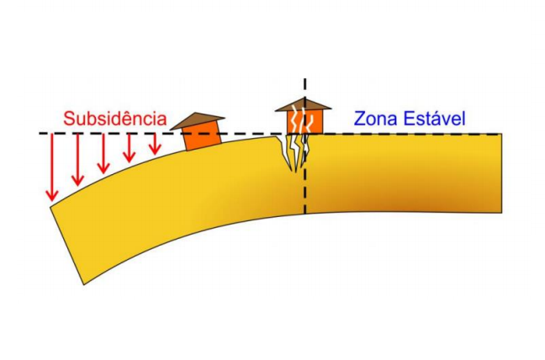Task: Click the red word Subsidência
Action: click(115, 119)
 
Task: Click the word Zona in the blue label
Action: click(376, 119)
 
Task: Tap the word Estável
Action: click(434, 119)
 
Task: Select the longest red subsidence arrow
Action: click(52, 167)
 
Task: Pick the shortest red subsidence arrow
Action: click(155, 144)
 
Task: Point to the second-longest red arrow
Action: click(77, 160)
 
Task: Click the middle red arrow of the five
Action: click(103, 154)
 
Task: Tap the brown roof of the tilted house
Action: click(197, 120)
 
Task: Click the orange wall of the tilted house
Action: click(203, 136)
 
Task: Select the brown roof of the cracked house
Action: click(303, 104)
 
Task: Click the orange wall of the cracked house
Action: click(304, 121)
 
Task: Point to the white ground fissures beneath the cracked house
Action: click(294, 152)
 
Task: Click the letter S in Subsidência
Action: click(69, 119)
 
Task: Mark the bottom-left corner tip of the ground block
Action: click(84, 284)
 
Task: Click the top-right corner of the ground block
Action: click(502, 134)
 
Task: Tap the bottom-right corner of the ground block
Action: click(502, 213)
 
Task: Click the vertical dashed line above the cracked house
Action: click(304, 88)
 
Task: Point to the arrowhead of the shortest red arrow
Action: click(155, 149)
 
